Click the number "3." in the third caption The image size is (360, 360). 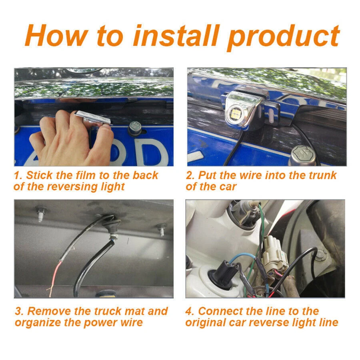[20, 311]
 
